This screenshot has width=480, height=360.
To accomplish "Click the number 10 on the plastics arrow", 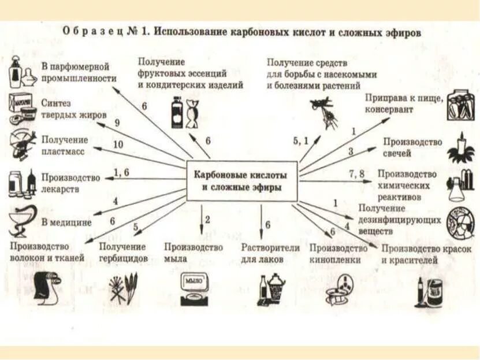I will pos(118,144).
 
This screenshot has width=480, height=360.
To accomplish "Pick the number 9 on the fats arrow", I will pos(117,123).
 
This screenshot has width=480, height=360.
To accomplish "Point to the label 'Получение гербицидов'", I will pos(124,252).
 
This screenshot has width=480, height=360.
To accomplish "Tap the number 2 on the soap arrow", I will pos(207,219).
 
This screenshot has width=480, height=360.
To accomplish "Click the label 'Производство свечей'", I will pos(412,147).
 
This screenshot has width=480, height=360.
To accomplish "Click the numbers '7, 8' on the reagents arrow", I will pos(356,173).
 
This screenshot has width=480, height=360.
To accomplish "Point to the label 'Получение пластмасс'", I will pos(65,145).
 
